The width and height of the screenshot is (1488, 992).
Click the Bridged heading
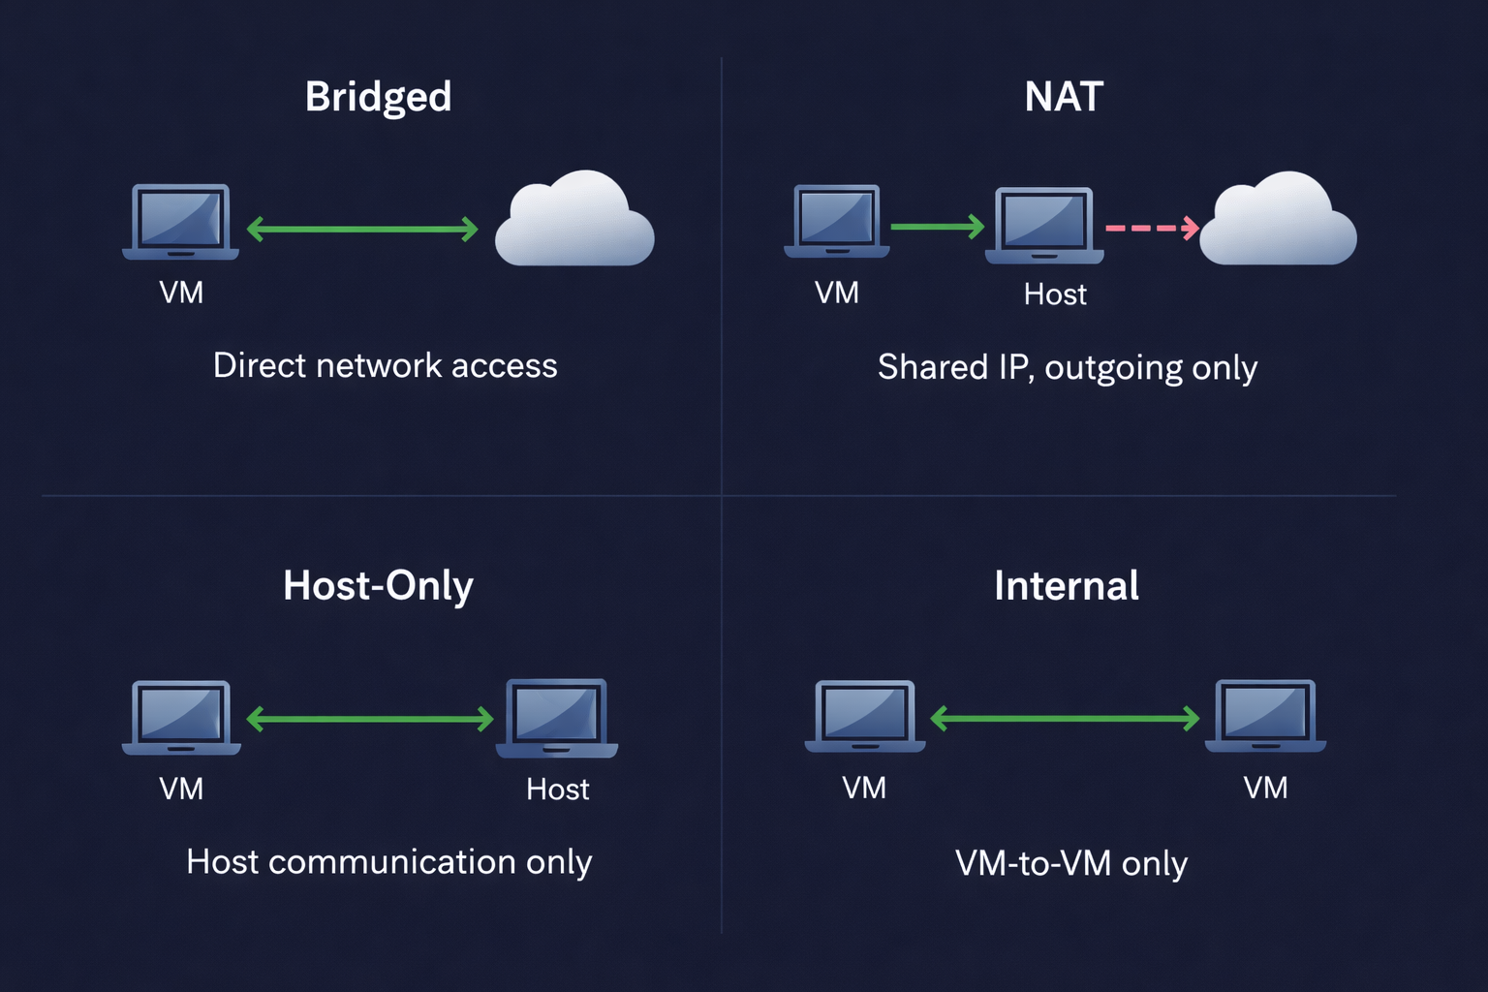click(378, 97)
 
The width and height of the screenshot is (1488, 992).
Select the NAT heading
click(1064, 97)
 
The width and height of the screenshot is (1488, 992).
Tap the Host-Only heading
click(378, 586)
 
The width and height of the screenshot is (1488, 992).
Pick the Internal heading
click(1066, 586)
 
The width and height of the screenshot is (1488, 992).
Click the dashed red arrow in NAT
click(1152, 228)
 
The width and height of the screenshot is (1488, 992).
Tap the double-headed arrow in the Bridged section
click(362, 230)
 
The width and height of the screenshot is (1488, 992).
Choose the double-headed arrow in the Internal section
click(1065, 718)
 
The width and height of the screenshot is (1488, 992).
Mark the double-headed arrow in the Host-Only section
click(370, 719)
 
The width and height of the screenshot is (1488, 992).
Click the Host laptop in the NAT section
click(1044, 226)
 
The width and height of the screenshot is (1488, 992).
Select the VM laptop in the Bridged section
click(181, 222)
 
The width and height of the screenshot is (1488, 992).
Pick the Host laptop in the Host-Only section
click(557, 718)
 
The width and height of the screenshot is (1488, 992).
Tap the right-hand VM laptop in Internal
click(1265, 716)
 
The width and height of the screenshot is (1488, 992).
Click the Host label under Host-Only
click(557, 790)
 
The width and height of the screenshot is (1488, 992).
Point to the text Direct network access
click(385, 366)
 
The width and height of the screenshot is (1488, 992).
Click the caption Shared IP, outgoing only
click(1067, 368)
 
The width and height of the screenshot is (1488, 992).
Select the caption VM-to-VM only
click(1070, 863)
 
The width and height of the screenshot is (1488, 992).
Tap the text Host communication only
click(388, 862)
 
